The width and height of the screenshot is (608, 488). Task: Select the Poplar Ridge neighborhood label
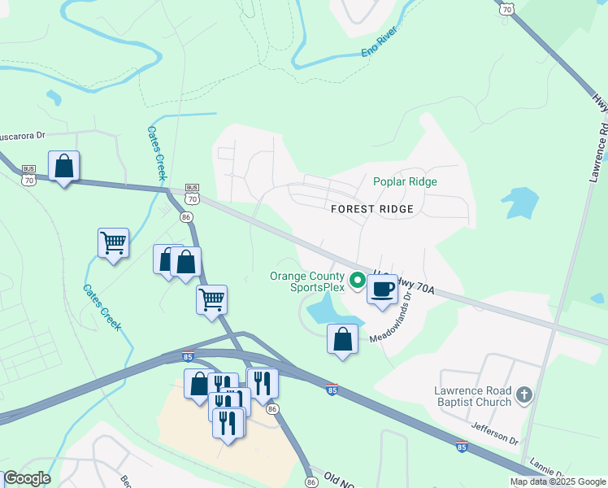405,182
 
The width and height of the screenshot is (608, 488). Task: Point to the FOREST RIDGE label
372,209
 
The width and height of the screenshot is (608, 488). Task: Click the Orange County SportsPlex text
306,281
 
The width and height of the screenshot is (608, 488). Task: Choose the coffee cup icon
382,288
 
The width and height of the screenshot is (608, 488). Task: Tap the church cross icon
524,396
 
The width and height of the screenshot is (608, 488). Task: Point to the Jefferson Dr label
493,433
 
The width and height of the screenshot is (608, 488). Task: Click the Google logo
26,478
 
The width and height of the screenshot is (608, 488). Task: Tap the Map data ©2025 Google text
557,481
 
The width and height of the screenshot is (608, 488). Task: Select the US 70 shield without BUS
507,7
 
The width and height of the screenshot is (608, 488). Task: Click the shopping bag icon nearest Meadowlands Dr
342,338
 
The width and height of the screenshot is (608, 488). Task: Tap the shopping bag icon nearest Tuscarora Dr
63,166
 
